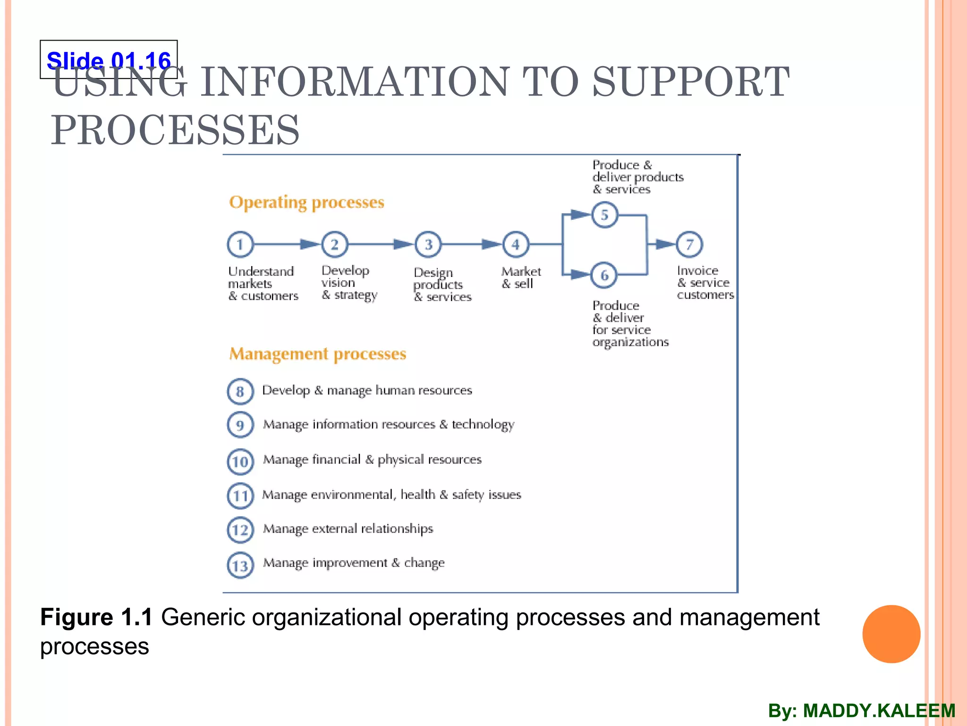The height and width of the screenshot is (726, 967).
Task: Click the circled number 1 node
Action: (x=240, y=244)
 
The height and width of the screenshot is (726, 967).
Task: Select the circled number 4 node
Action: (x=516, y=244)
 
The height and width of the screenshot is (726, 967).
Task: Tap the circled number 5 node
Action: (x=604, y=215)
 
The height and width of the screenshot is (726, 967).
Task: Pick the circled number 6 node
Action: (x=604, y=275)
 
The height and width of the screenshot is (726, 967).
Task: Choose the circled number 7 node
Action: (x=689, y=244)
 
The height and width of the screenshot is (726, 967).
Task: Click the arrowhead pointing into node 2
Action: (x=310, y=244)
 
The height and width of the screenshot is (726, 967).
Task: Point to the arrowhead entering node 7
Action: (x=666, y=244)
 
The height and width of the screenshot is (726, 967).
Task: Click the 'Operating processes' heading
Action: (x=307, y=202)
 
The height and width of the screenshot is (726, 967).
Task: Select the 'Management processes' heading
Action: (x=318, y=354)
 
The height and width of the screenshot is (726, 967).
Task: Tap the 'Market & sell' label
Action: (x=520, y=278)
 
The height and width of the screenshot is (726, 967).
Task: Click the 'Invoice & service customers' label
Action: (x=705, y=283)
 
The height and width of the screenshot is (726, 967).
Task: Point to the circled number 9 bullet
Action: (x=240, y=425)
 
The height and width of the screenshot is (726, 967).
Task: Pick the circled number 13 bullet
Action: (x=240, y=565)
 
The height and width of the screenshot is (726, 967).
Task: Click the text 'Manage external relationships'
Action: (x=348, y=528)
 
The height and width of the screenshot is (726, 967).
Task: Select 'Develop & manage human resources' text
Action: (x=367, y=390)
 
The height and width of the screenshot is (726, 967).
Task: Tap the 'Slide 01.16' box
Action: (x=109, y=60)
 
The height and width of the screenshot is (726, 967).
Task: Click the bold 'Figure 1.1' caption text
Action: (x=96, y=617)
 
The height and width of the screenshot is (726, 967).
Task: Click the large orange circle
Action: (x=891, y=634)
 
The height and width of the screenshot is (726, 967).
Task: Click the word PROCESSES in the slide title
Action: (x=175, y=130)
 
